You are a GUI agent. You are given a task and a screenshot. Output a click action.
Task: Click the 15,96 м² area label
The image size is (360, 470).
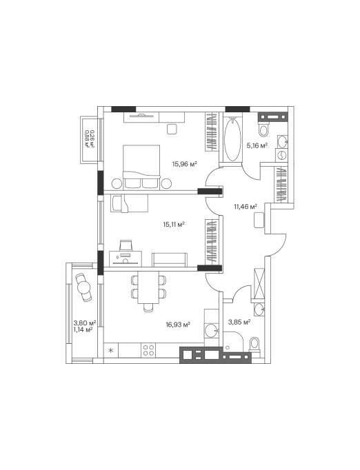184,164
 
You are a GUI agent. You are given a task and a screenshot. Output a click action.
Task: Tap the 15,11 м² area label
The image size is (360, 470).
173,224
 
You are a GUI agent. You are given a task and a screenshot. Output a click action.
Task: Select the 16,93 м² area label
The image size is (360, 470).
178,325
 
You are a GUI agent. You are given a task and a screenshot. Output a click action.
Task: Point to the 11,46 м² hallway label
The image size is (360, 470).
246,206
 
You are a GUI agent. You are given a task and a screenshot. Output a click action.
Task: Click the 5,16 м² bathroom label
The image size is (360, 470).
257,145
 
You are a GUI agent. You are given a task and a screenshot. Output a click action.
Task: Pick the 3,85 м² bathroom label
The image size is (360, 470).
239,323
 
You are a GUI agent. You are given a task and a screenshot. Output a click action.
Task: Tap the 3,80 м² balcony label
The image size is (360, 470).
85,323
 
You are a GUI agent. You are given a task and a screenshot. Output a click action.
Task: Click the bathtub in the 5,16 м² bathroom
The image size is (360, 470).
232,139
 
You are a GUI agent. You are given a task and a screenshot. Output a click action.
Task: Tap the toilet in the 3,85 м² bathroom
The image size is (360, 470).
254,346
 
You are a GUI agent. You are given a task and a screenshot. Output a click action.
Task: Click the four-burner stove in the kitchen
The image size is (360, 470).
148,350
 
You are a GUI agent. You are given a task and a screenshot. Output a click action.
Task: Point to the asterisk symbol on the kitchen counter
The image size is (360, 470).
111,350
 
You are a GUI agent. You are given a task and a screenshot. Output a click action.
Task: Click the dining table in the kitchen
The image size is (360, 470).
148,287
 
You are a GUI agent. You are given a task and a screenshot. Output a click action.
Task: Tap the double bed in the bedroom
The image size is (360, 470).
141,167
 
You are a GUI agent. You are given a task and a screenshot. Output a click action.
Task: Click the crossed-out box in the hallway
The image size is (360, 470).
259,283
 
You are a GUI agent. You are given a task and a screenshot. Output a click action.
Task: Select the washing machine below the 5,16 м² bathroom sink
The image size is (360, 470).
282,155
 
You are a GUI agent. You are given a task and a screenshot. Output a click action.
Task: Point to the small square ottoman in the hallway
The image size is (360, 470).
259,220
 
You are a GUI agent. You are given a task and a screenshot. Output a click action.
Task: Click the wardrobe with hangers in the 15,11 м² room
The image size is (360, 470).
213,242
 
